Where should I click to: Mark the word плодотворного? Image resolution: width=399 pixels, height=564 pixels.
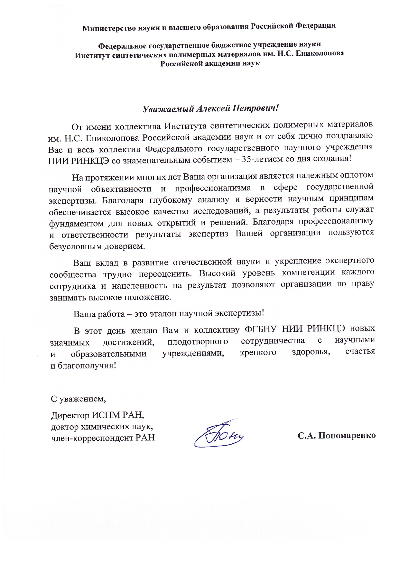point(198,342)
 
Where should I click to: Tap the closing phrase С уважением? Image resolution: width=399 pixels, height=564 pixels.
point(79,399)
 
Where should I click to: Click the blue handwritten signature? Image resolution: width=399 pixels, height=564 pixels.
point(218,434)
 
